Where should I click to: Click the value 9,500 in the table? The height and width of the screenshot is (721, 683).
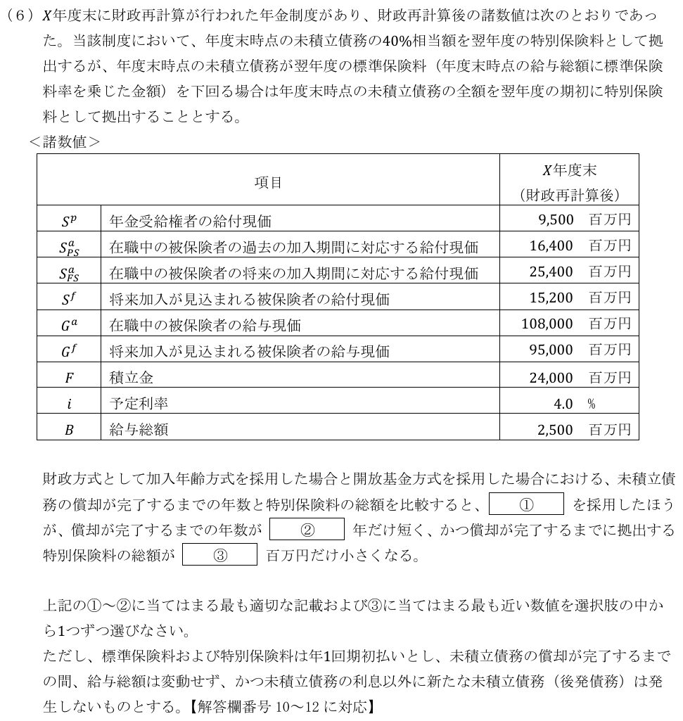(x=556, y=220)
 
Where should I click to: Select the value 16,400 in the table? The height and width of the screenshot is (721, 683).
(x=551, y=246)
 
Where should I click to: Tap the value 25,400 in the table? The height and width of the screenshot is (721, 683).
(x=551, y=272)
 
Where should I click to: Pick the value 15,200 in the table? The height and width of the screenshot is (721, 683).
(x=551, y=298)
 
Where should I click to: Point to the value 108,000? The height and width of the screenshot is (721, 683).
(x=547, y=324)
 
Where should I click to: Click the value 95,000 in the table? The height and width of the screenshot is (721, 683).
(x=551, y=350)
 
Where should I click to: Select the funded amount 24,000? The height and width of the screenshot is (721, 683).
(x=551, y=377)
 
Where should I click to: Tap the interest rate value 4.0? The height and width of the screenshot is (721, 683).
(x=565, y=403)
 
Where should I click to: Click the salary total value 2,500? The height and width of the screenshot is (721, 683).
(x=556, y=429)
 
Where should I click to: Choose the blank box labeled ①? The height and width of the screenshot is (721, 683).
(x=526, y=504)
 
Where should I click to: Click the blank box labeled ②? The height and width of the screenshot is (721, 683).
(x=307, y=529)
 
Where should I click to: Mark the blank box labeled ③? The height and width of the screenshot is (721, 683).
(x=219, y=555)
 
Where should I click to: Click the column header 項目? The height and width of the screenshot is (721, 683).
(x=268, y=182)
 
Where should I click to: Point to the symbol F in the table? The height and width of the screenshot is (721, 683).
(x=69, y=378)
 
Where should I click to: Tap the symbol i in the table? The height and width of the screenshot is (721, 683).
(x=68, y=404)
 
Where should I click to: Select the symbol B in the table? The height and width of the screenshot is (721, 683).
(x=69, y=430)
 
